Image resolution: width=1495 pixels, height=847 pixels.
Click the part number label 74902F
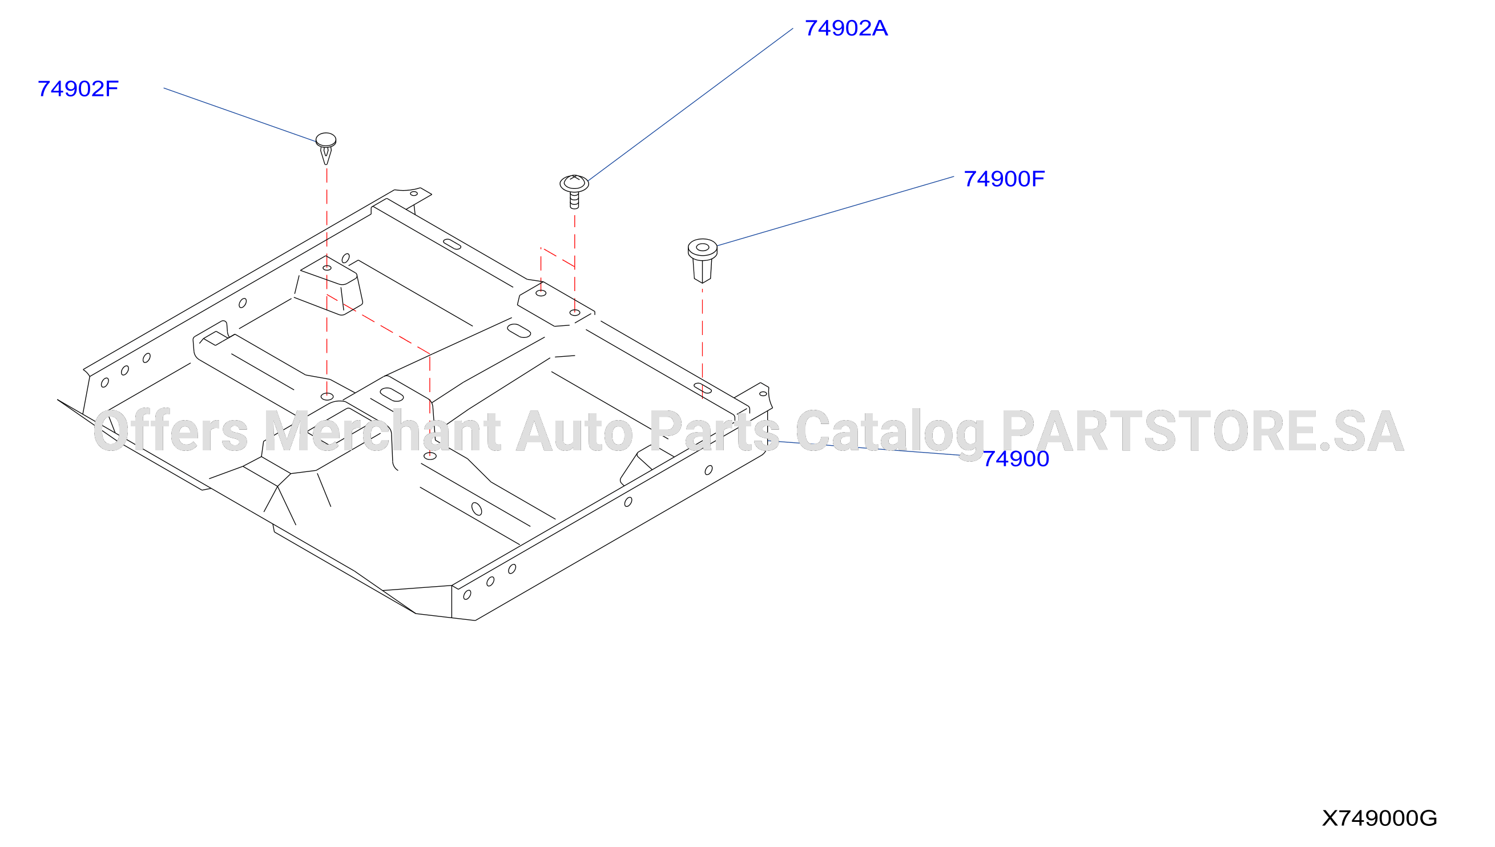(x=78, y=89)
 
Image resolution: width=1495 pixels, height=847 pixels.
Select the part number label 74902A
(x=846, y=28)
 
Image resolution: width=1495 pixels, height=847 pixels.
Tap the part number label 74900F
(x=1004, y=179)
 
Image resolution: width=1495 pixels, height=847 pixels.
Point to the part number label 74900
(x=1016, y=458)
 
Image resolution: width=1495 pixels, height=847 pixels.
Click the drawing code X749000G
(x=1379, y=818)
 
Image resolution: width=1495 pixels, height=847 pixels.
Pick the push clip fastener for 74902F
(x=326, y=148)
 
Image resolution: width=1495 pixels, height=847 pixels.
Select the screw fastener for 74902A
(x=574, y=191)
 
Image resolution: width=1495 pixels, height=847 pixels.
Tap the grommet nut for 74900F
(x=702, y=260)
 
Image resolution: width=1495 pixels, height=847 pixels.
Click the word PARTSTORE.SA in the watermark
(x=1202, y=431)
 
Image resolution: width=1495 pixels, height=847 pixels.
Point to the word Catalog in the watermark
(x=890, y=431)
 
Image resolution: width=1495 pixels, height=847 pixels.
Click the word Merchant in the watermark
(x=382, y=431)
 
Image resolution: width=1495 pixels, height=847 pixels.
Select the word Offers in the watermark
(x=171, y=431)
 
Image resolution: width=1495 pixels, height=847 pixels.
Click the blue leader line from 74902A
(x=691, y=104)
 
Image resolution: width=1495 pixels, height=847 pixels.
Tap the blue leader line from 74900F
(x=835, y=211)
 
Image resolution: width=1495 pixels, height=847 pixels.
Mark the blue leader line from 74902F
(x=240, y=115)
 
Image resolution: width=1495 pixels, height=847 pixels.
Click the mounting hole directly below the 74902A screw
(x=575, y=312)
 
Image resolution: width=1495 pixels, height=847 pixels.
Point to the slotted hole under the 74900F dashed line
(x=703, y=388)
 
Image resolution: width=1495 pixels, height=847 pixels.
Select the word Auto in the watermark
(x=575, y=431)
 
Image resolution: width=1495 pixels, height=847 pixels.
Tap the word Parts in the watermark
(x=714, y=431)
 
